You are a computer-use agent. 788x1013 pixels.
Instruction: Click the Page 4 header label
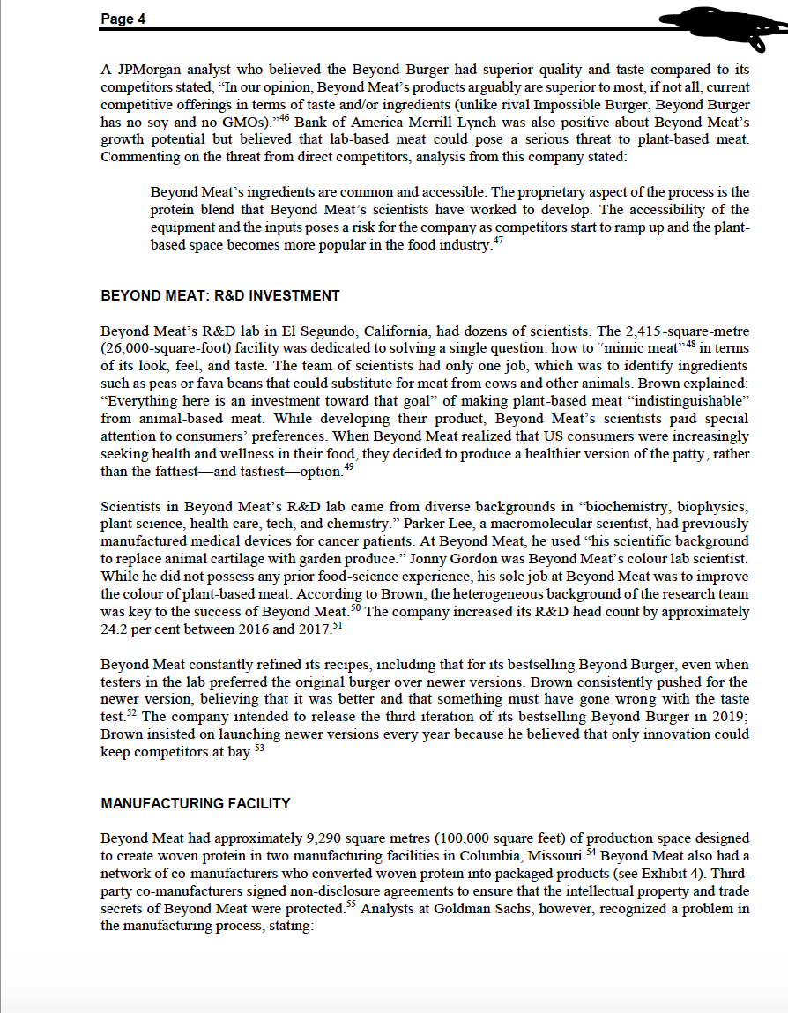coord(123,20)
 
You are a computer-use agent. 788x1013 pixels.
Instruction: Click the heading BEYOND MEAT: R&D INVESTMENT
coord(220,295)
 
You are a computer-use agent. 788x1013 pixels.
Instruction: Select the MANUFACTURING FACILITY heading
coord(196,803)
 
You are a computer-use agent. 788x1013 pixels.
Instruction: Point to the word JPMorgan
coord(149,70)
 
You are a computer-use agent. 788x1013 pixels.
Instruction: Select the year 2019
coord(725,716)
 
